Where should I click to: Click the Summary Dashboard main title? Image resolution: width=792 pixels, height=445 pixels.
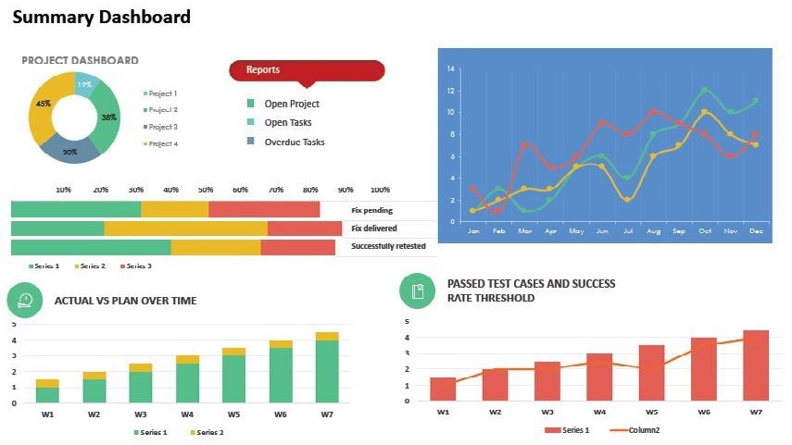pos(102,18)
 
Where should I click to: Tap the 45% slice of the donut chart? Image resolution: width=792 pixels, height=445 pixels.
pos(44,106)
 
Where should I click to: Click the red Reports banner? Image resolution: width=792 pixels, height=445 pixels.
pos(306,70)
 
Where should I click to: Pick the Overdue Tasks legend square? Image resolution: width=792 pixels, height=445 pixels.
pos(251,142)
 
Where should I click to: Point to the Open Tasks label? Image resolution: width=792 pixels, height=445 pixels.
pos(288,123)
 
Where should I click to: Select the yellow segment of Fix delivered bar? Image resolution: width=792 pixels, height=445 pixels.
pos(185,229)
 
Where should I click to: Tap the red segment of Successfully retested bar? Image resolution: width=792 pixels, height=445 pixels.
pos(297,247)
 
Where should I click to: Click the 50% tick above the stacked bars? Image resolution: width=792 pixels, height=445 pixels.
pos(205,190)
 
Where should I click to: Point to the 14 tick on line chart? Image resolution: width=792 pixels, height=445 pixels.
pos(451,69)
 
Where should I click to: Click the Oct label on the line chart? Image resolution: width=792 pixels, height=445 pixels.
pos(705,230)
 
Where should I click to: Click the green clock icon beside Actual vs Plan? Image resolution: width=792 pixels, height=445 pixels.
pos(26,300)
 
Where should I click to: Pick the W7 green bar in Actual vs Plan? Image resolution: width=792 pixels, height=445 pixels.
pos(327,372)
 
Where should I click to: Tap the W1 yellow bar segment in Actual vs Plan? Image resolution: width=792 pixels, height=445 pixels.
pos(47,383)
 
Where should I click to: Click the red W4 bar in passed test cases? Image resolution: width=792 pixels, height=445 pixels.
pos(599,377)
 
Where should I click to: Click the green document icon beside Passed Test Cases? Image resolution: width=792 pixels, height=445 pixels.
pos(417,291)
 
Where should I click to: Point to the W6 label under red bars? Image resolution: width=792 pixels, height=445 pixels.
pos(703,412)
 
